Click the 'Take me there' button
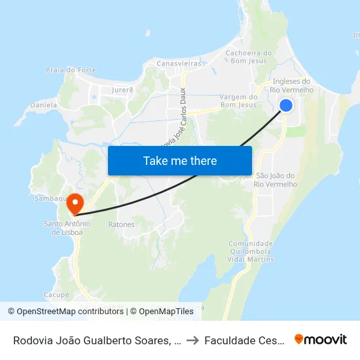pos(180,160)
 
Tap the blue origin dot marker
pos(286,105)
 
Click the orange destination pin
pos(75,203)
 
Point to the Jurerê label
pos(122,89)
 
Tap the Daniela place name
pos(43,104)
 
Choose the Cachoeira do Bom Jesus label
pos(248,57)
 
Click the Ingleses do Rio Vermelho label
pos(291,85)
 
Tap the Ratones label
pos(121,225)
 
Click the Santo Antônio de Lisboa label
pos(67,227)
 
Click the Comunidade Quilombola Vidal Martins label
pos(251,251)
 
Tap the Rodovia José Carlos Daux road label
pos(173,118)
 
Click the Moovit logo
pos(321,339)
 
